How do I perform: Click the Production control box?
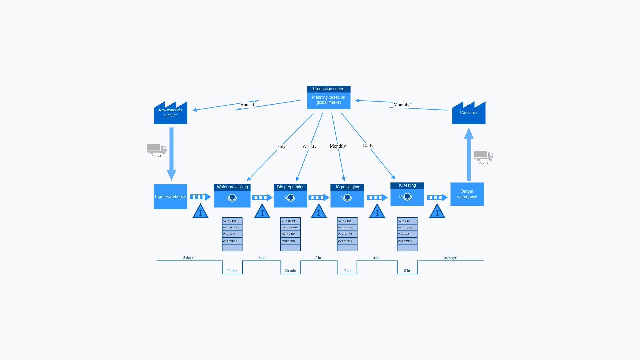(329, 98)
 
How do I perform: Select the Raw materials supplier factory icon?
(170, 113)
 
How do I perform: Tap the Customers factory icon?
(469, 113)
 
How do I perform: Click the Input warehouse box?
(170, 197)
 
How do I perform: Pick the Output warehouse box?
(467, 194)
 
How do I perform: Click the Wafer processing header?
(232, 187)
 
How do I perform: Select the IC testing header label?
(407, 186)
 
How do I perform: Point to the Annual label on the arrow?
(247, 105)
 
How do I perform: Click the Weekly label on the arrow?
(309, 147)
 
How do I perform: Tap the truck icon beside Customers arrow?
(483, 156)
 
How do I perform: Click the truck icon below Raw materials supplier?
(156, 149)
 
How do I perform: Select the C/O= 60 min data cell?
(232, 228)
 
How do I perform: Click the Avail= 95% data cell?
(407, 241)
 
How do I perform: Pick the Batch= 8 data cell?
(407, 234)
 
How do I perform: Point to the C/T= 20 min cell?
(290, 221)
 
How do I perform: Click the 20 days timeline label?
(450, 257)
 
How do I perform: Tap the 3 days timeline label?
(188, 257)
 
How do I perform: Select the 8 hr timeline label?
(407, 271)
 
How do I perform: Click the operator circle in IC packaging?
(347, 197)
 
